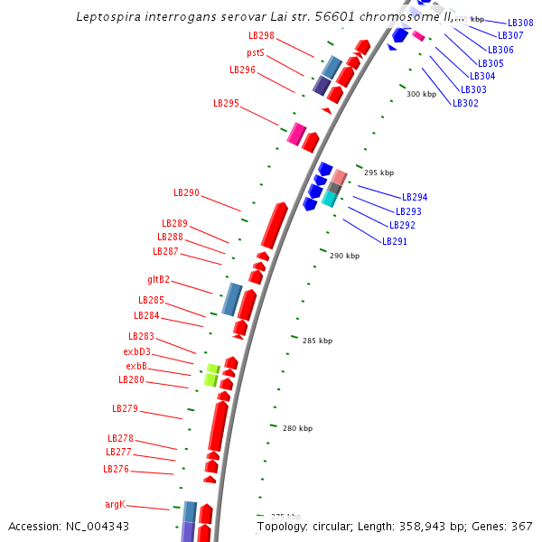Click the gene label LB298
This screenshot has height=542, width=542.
261,35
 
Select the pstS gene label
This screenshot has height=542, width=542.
256,53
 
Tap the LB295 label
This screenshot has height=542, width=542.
226,103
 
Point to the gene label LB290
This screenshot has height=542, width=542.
186,192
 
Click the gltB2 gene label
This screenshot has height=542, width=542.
158,279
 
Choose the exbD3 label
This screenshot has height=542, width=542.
136,351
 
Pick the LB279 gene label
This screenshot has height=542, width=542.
125,408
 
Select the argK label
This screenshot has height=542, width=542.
115,503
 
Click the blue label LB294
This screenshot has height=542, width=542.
415,197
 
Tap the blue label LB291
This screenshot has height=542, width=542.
395,241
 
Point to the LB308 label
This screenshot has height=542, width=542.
520,23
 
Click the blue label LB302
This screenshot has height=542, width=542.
465,103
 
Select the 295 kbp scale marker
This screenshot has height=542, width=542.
378,173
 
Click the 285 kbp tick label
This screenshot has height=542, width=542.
317,341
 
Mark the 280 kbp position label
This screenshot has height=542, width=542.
297,428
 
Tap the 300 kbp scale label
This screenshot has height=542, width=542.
421,94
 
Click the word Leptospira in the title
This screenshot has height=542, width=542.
108,16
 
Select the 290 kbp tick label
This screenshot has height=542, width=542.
344,256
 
